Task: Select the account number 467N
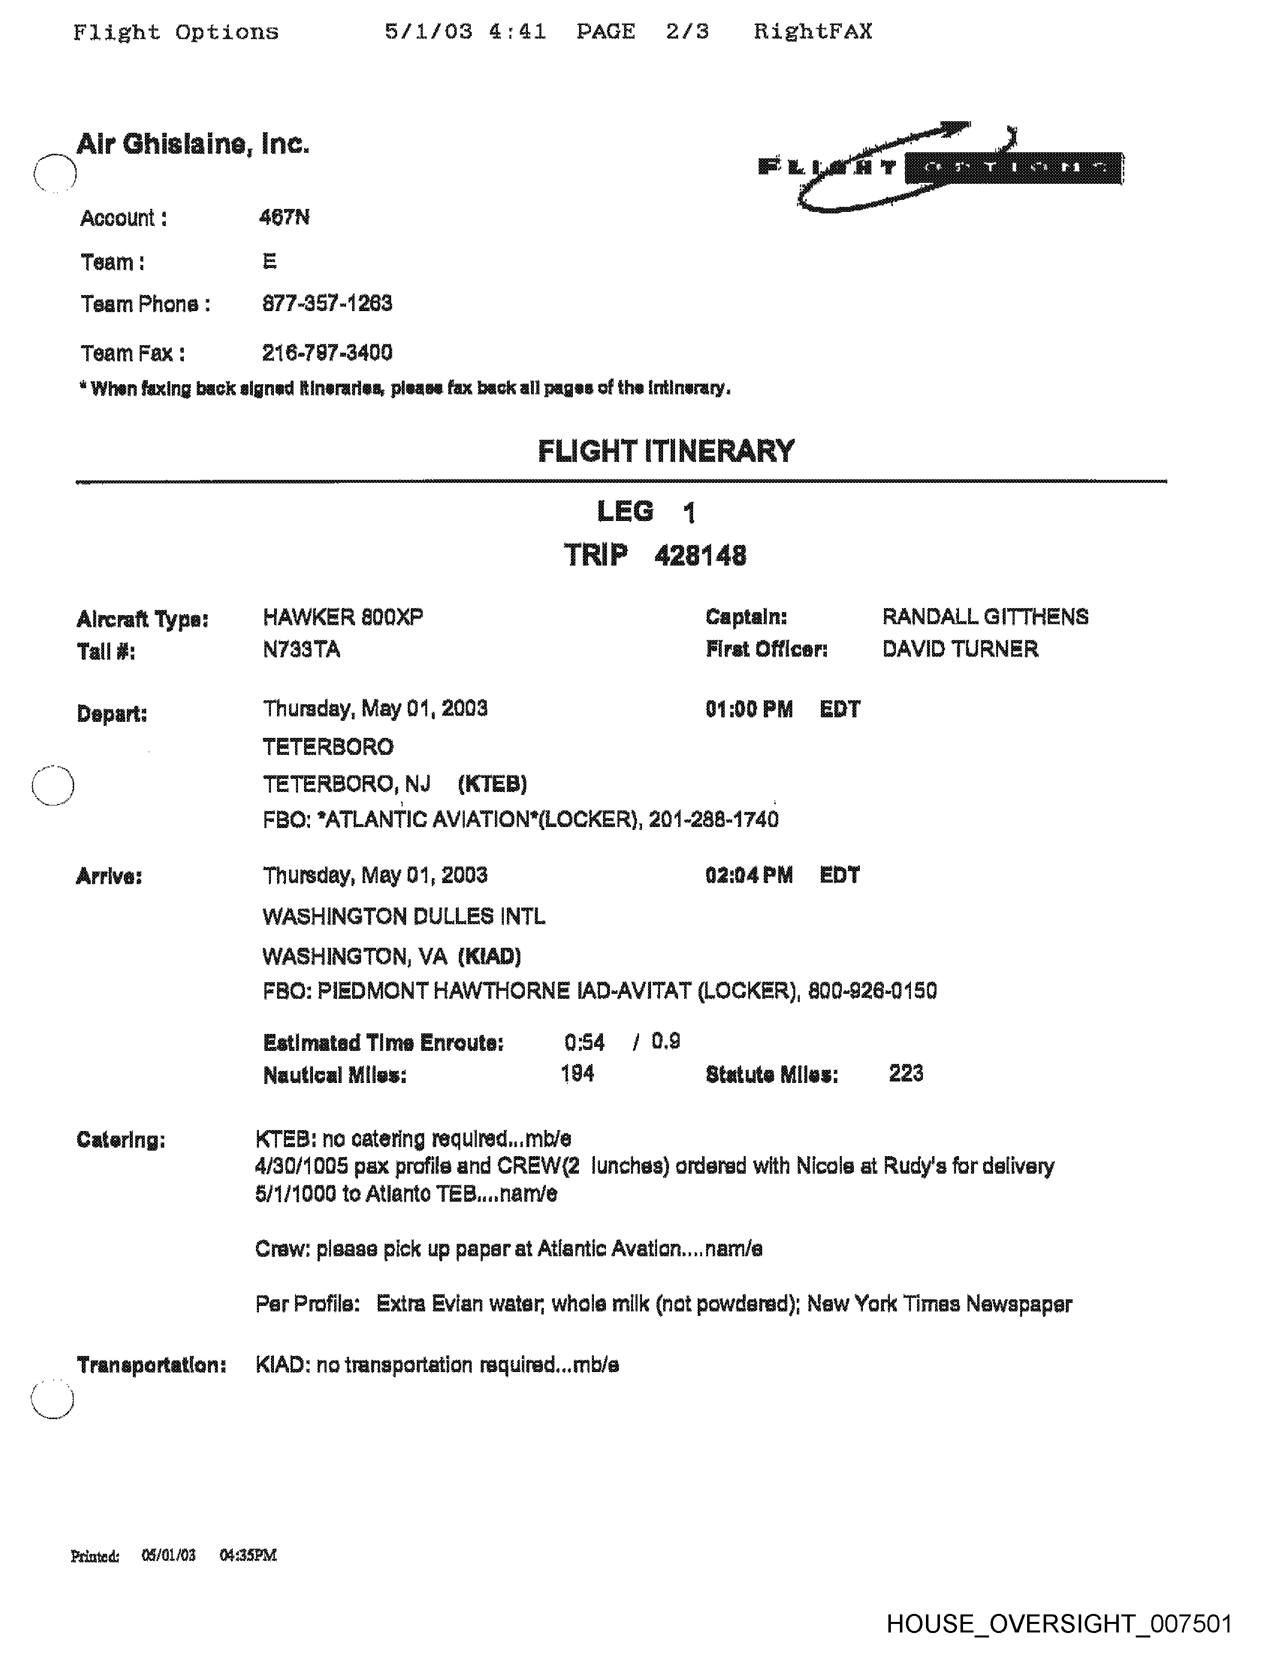[283, 218]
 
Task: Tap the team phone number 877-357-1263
[327, 304]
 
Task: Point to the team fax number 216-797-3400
[327, 353]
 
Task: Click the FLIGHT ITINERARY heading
[666, 451]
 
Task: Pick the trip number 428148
[700, 557]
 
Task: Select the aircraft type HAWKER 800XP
[343, 618]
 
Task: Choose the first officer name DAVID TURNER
[960, 649]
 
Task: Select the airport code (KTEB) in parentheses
[492, 784]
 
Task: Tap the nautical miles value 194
[577, 1074]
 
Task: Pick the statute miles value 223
[905, 1073]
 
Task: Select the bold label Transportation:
[151, 1365]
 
